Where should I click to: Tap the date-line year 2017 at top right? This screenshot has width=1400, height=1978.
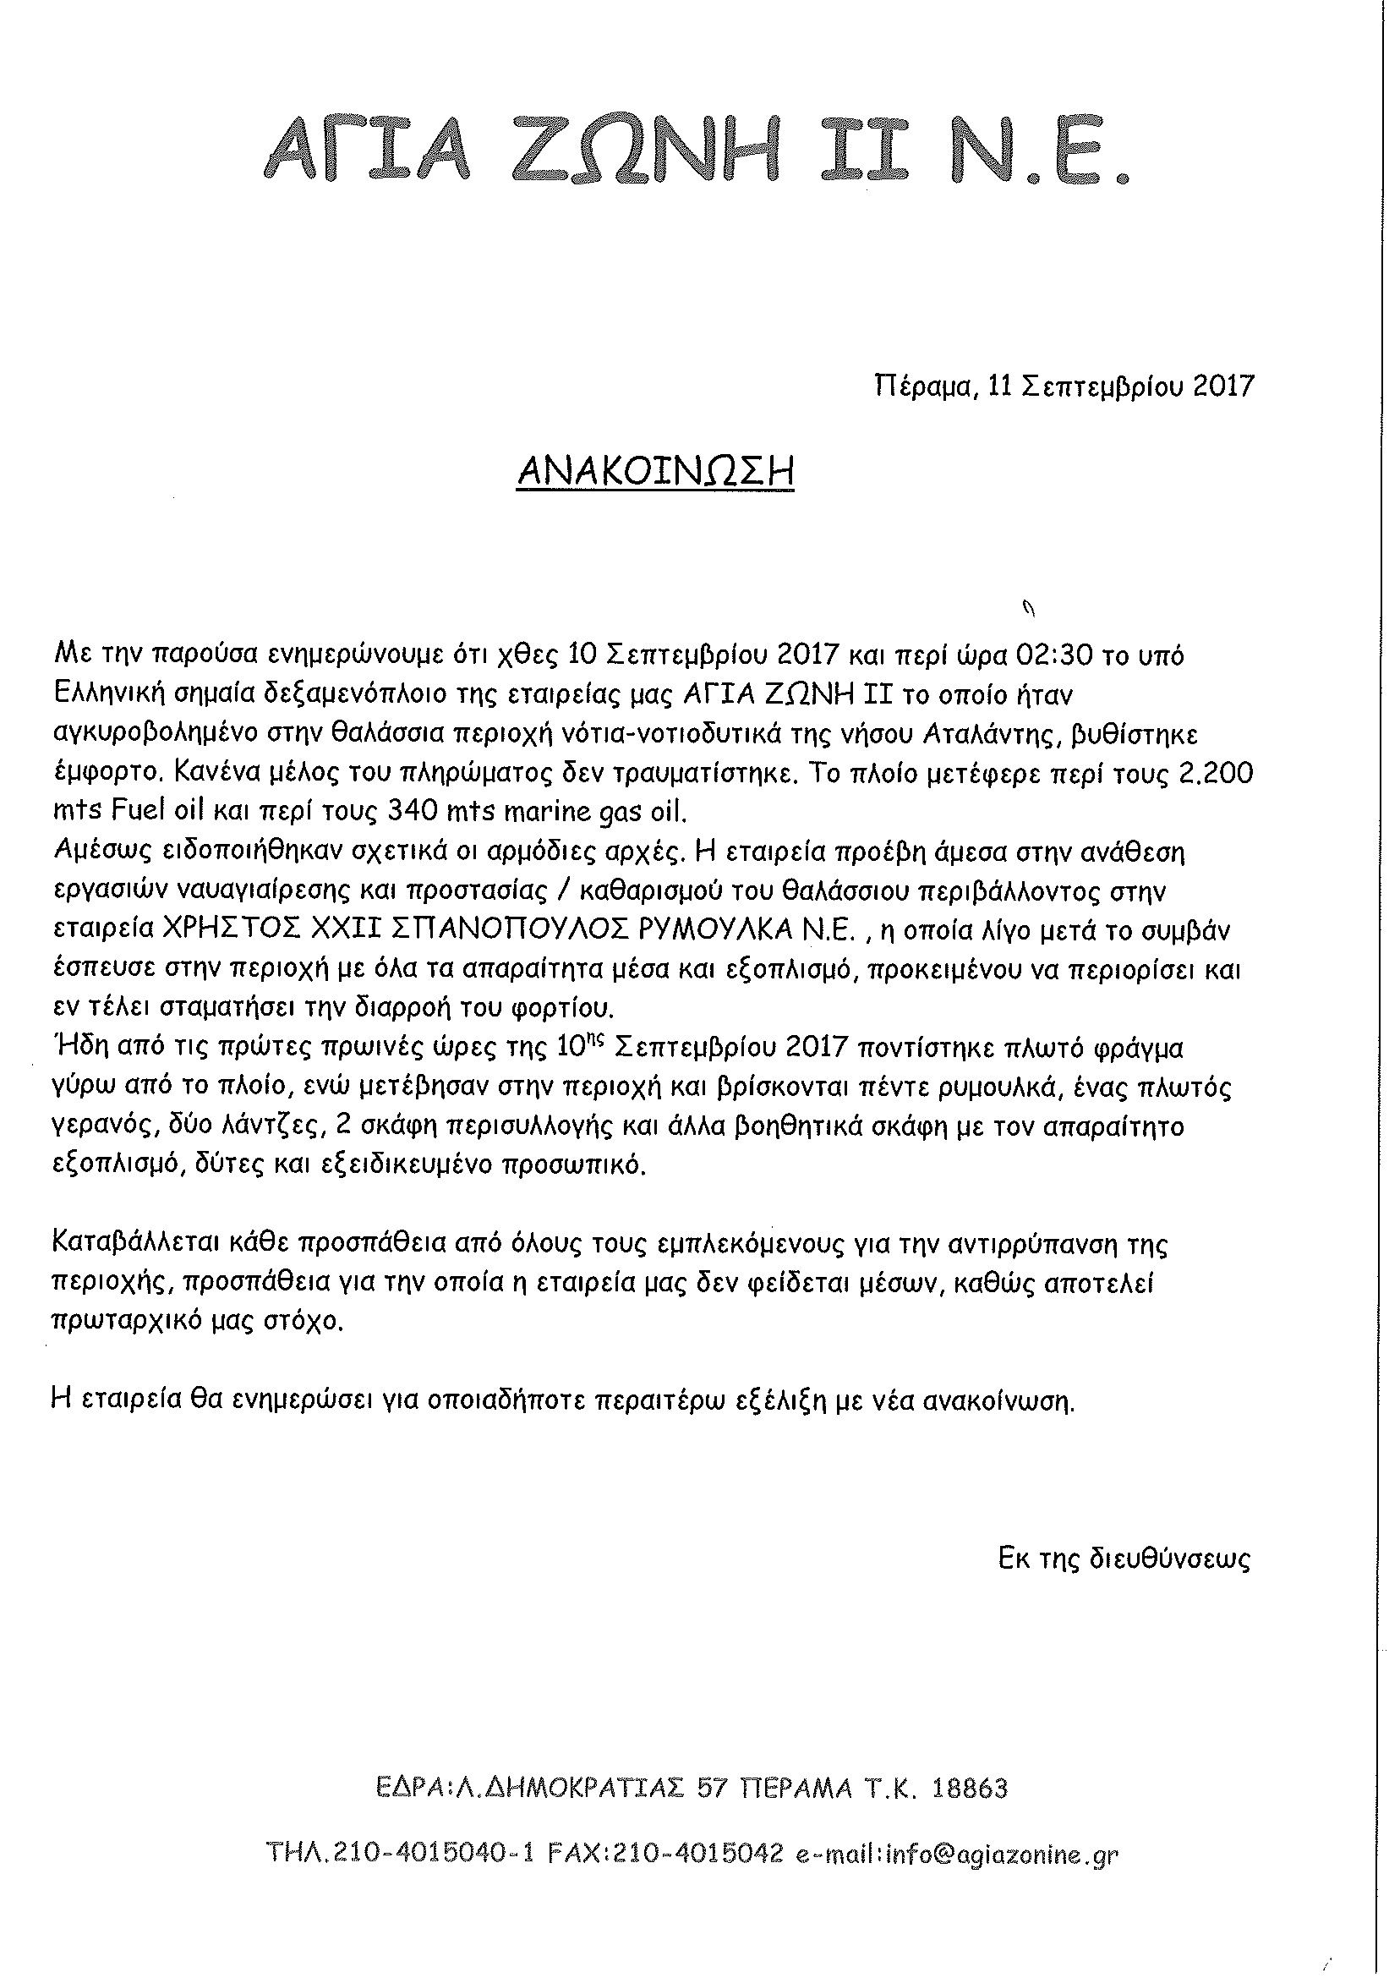pos(1223,386)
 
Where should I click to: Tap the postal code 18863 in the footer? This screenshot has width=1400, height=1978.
pos(971,1789)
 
